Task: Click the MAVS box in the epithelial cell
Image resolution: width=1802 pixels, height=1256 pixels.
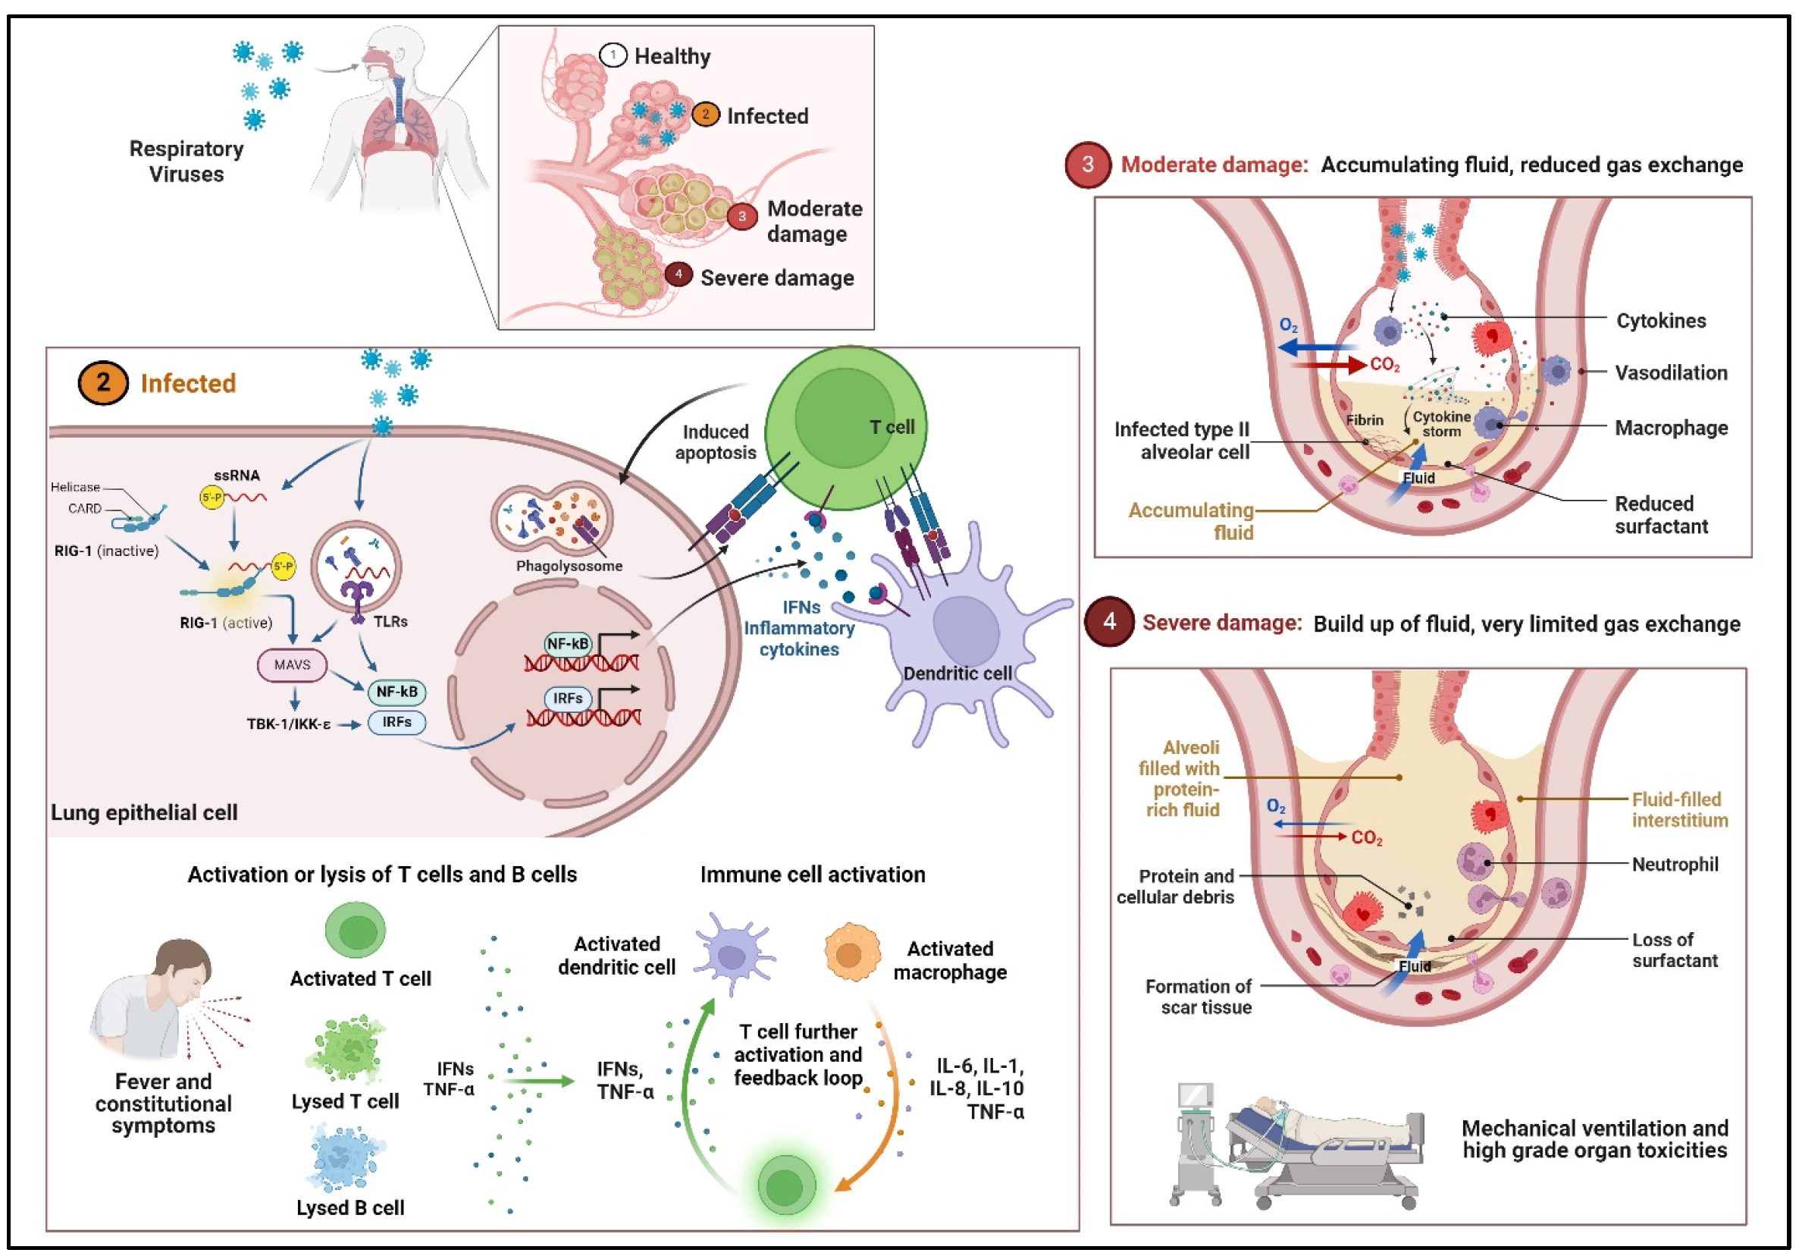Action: pyautogui.click(x=292, y=665)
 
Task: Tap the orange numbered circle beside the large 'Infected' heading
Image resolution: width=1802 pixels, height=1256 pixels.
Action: pyautogui.click(x=103, y=383)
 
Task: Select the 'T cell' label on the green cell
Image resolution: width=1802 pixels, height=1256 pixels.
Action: pyautogui.click(x=892, y=427)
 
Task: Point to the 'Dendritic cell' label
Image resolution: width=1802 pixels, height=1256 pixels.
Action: pyautogui.click(x=957, y=674)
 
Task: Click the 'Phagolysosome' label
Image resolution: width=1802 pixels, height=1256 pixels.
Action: pyautogui.click(x=569, y=566)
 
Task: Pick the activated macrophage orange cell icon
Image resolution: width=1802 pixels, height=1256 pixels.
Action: pyautogui.click(x=851, y=953)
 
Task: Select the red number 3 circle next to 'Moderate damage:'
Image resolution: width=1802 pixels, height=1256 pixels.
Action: pyautogui.click(x=1088, y=165)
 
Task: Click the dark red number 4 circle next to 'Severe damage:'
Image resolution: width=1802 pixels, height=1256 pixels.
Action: pyautogui.click(x=1109, y=623)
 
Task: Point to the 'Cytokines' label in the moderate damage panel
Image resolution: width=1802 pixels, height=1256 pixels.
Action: pyautogui.click(x=1661, y=321)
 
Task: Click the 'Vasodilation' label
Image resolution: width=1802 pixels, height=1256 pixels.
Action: pyautogui.click(x=1671, y=373)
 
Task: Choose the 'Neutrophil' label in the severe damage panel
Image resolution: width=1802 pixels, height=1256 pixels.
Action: pyautogui.click(x=1675, y=865)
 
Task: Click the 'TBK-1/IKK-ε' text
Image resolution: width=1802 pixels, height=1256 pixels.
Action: pyautogui.click(x=289, y=724)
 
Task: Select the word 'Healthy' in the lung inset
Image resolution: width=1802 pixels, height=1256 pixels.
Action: pyautogui.click(x=672, y=57)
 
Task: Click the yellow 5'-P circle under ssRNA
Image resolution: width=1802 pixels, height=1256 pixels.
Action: pyautogui.click(x=211, y=497)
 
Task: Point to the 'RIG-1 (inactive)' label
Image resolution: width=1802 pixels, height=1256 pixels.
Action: pyautogui.click(x=106, y=551)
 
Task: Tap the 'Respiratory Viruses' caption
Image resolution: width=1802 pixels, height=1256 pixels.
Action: pyautogui.click(x=186, y=161)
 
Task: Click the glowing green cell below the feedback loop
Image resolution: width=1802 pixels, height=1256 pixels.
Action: pyautogui.click(x=785, y=1186)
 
